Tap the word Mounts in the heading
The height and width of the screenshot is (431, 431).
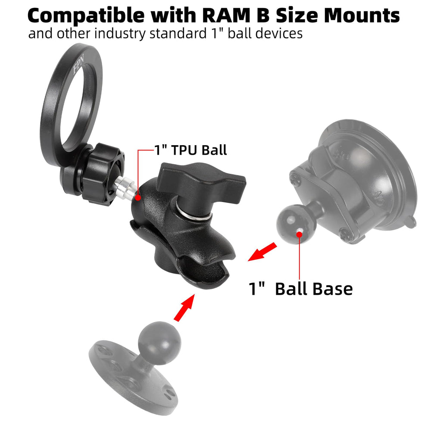pyautogui.click(x=362, y=16)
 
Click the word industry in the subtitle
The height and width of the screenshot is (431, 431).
pyautogui.click(x=120, y=34)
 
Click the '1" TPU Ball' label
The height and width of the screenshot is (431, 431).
pyautogui.click(x=191, y=150)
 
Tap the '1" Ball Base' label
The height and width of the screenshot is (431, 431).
pyautogui.click(x=301, y=289)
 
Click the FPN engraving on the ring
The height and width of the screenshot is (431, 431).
pyautogui.click(x=78, y=65)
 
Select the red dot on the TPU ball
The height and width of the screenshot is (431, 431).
pyautogui.click(x=138, y=197)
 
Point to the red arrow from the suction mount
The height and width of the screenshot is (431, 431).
pyautogui.click(x=262, y=252)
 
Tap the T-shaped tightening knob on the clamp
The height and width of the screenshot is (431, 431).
pyautogui.click(x=201, y=184)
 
